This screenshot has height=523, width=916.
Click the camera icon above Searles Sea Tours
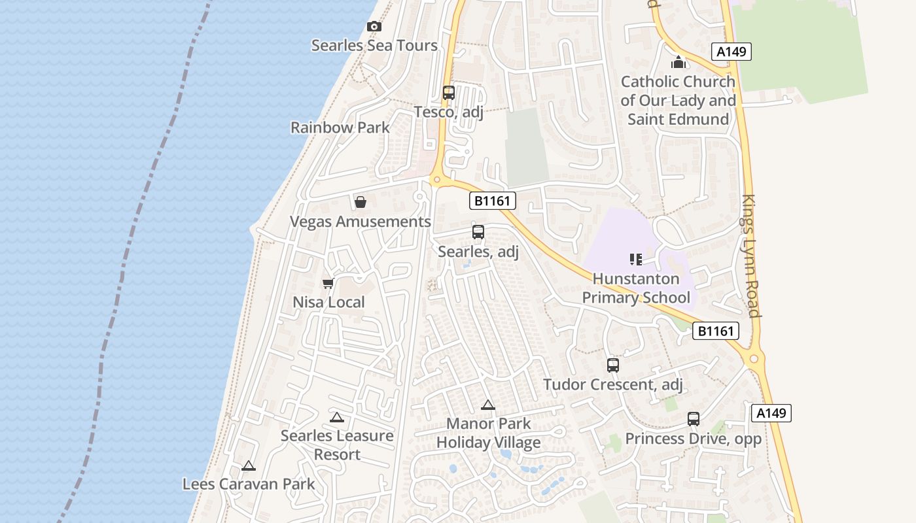tap(374, 27)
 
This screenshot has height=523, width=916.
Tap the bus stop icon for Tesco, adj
tap(448, 93)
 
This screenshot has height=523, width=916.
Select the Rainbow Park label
tap(340, 127)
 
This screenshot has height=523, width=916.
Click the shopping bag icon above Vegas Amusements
tap(360, 202)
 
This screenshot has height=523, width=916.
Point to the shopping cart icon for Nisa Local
tap(328, 283)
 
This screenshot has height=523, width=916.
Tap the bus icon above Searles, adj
tap(478, 232)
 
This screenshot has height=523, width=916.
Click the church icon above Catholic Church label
tap(678, 63)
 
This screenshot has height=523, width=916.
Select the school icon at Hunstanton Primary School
tap(636, 260)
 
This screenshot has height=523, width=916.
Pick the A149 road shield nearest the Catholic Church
tap(731, 52)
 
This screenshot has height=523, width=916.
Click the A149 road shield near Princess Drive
tap(771, 413)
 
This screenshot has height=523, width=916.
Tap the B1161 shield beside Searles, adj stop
tap(492, 201)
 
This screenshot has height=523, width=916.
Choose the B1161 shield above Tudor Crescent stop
tap(716, 331)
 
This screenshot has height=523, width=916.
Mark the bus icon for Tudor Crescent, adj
tap(613, 365)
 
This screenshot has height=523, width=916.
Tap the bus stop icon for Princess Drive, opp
tap(694, 419)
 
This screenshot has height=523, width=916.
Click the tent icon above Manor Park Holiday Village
tap(488, 405)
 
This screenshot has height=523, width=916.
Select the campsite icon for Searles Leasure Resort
tap(337, 418)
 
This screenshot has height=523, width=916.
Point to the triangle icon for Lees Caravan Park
tap(248, 466)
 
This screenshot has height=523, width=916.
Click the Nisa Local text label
tap(328, 303)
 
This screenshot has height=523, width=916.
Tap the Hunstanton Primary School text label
tap(636, 288)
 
